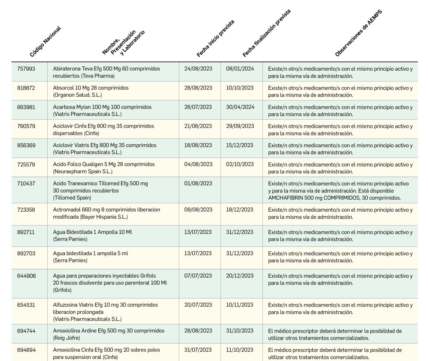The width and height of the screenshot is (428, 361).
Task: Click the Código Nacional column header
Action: tap(46, 41)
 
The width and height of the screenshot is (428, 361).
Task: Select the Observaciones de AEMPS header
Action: tap(359, 33)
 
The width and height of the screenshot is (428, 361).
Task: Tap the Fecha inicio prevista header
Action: tap(215, 38)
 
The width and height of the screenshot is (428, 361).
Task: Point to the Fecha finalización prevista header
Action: tap(266, 33)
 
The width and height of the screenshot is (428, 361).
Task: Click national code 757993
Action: tap(26, 69)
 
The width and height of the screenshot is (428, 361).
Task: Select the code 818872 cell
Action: tap(26, 88)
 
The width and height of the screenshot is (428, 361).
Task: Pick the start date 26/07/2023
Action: tap(198, 107)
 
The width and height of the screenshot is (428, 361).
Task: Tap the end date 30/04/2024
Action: tap(240, 107)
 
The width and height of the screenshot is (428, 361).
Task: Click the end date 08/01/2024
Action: tap(240, 69)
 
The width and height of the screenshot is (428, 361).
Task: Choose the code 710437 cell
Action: tap(26, 184)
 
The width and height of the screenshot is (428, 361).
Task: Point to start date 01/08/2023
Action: tap(198, 184)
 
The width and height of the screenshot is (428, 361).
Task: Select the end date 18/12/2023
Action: tap(240, 210)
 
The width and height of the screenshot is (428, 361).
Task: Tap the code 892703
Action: tap(26, 253)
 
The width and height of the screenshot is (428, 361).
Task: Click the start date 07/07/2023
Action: tap(198, 276)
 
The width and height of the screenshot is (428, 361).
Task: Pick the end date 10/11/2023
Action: tap(240, 305)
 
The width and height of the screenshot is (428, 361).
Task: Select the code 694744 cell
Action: tap(26, 331)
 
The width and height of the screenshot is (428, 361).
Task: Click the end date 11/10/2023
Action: tap(240, 350)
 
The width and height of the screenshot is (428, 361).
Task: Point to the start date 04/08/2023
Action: tap(198, 164)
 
